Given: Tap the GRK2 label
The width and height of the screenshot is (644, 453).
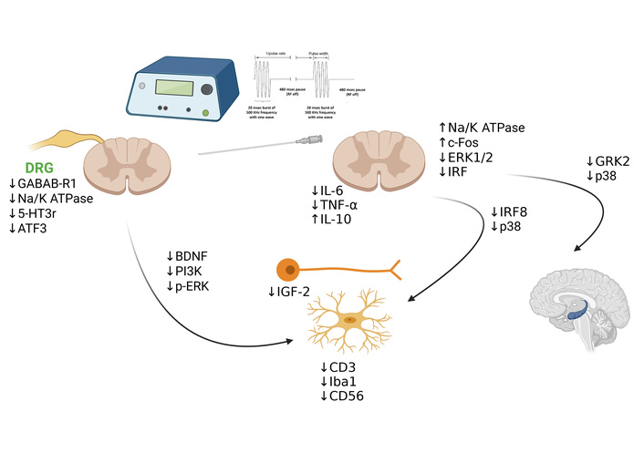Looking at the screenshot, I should click(x=611, y=162).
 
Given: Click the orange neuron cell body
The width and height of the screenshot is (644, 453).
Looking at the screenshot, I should click(x=288, y=270).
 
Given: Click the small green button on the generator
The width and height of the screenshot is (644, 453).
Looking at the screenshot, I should click(x=205, y=114).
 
